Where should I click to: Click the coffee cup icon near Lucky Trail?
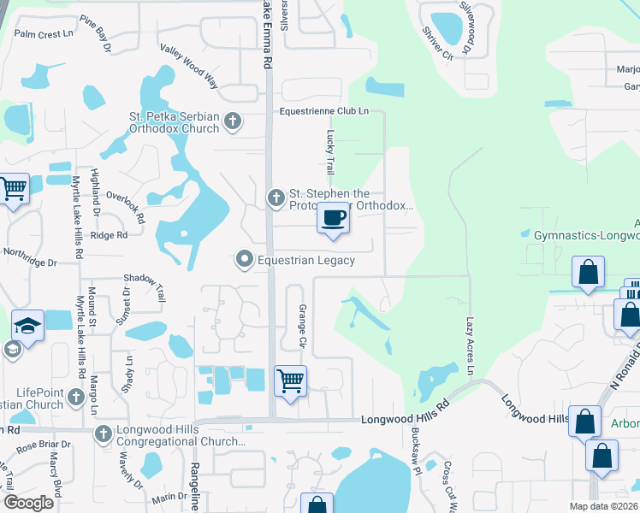(x=334, y=218)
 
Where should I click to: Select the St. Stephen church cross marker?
(x=276, y=198)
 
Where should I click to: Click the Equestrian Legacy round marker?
(x=245, y=259)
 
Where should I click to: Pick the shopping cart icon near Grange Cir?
(x=290, y=380)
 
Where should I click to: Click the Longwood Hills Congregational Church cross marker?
(x=104, y=434)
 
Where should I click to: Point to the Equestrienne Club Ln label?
(x=324, y=112)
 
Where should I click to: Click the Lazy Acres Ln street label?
(x=470, y=345)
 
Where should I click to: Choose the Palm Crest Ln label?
(x=44, y=34)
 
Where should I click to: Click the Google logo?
(x=29, y=503)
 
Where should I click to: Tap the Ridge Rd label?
(x=109, y=235)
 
